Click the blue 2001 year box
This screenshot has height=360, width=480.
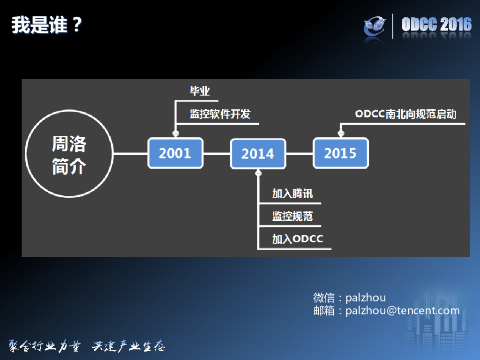pos(175,153)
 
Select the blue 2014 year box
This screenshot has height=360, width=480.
pos(258,153)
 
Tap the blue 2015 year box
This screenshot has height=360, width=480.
pos(340,153)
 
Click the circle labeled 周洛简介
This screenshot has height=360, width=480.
pos(69,156)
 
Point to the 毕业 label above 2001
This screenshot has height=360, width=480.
pos(199,91)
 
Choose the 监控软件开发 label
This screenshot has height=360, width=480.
pos(220,114)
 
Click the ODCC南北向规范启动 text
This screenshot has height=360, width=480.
pos(405,114)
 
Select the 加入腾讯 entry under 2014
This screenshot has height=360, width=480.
pos(292,194)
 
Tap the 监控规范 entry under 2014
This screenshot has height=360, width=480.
pos(292,216)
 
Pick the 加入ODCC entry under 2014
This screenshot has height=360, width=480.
pos(298,239)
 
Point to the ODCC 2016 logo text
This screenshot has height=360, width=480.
pos(436,25)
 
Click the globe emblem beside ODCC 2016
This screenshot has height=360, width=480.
pos(375,27)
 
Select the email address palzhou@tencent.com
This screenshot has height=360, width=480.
pos(403,310)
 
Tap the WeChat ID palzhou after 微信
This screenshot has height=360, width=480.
pos(366,298)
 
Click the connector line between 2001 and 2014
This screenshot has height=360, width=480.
pos(217,153)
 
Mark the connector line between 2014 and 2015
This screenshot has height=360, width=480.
pos(300,153)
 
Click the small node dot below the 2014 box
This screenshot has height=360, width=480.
pos(258,173)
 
